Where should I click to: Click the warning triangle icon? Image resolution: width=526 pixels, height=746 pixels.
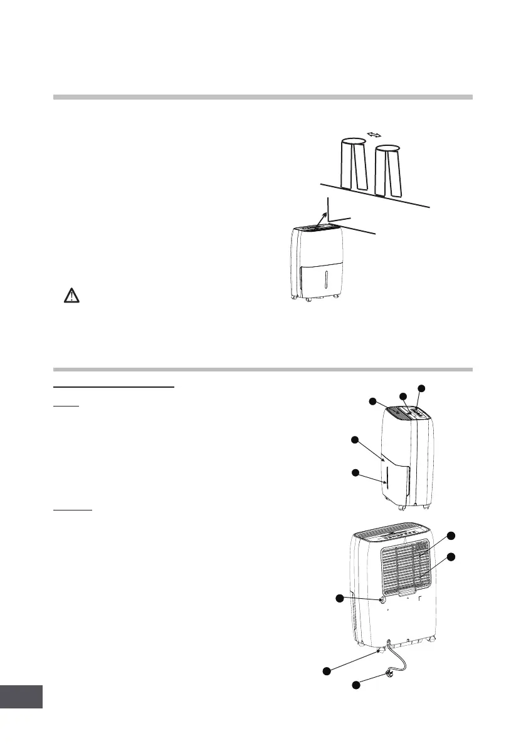coord(73,296)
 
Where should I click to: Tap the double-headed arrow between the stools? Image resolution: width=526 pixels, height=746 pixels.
coord(374,135)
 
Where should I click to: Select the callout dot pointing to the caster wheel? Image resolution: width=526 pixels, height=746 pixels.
coord(326,671)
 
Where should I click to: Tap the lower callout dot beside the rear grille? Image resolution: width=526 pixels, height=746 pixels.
coord(451,557)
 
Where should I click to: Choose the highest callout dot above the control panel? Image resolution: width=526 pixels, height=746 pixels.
coord(421,388)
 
